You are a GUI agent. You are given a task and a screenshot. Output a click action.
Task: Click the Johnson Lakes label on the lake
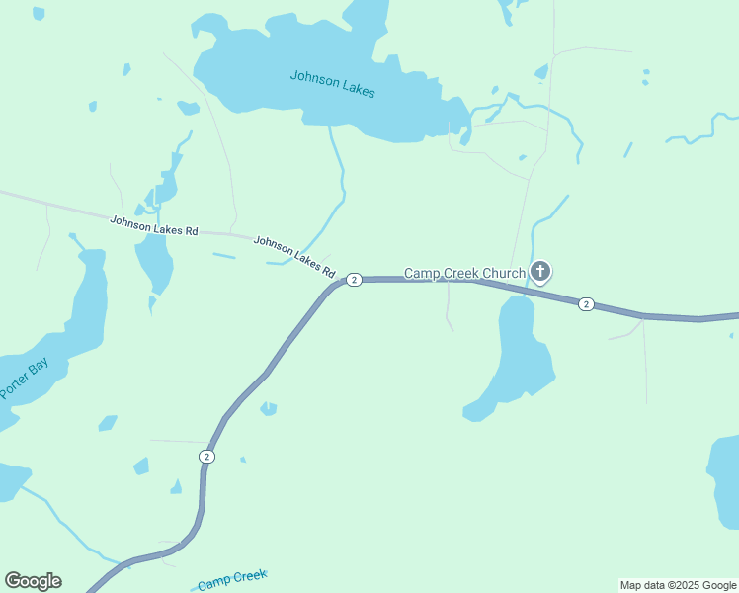click(x=332, y=82)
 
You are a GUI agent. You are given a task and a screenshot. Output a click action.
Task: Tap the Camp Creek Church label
click(x=463, y=272)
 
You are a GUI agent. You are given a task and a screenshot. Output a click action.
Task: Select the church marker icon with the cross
click(x=540, y=271)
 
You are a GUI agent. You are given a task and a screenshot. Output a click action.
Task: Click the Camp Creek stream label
click(x=232, y=580)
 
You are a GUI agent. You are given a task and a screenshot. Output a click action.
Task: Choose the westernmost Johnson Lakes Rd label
click(x=154, y=225)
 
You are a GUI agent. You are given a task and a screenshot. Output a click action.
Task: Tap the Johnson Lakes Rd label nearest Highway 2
click(x=294, y=256)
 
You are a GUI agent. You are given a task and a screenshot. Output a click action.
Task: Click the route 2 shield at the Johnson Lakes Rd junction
click(x=355, y=280)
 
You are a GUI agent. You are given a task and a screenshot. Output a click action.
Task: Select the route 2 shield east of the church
click(x=586, y=303)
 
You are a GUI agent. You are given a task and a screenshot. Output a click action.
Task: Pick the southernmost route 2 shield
click(x=205, y=456)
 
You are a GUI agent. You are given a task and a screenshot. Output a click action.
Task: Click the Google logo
click(x=33, y=581)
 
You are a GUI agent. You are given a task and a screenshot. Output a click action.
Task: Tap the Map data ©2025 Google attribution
click(x=678, y=585)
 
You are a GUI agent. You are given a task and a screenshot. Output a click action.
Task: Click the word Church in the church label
click(x=502, y=272)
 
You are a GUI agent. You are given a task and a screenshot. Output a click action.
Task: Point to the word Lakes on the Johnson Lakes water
click(x=357, y=88)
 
